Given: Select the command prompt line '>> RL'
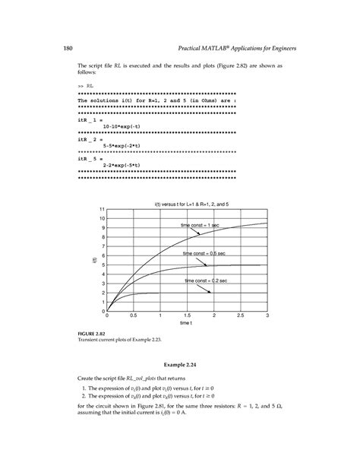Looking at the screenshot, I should pos(85,87).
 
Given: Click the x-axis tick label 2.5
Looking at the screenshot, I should pos(240,315).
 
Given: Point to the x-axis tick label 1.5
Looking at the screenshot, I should pos(187,315).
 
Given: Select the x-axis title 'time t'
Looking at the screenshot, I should pos(188,323).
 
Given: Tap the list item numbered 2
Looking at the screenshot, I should pos(148,396).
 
